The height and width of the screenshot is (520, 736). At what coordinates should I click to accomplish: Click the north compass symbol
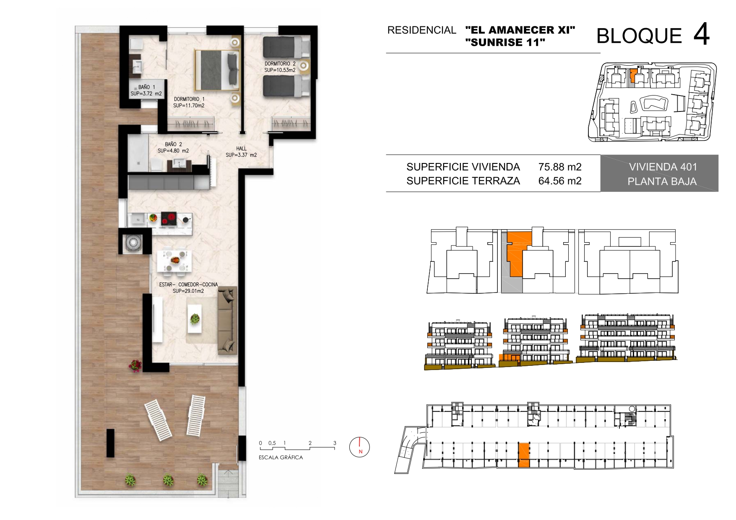(x=359, y=447)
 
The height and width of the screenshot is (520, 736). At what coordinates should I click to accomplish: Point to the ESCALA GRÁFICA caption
(x=281, y=458)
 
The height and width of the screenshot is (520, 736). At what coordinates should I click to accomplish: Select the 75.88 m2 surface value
(x=560, y=167)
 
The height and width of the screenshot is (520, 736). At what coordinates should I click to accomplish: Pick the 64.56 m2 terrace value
(x=560, y=181)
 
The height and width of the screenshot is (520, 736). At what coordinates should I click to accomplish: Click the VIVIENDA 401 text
(x=663, y=167)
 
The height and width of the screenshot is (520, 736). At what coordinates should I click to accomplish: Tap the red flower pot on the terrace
(x=135, y=365)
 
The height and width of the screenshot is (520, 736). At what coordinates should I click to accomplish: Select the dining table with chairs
(x=174, y=261)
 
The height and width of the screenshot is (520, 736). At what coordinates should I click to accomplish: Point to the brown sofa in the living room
(x=227, y=320)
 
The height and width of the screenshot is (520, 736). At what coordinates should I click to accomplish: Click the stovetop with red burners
(x=169, y=218)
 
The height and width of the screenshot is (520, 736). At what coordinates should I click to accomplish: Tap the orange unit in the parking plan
(x=524, y=454)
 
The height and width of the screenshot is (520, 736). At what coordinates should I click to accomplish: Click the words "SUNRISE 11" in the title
(x=505, y=42)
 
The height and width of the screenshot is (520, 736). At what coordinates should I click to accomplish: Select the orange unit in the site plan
(x=633, y=76)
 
